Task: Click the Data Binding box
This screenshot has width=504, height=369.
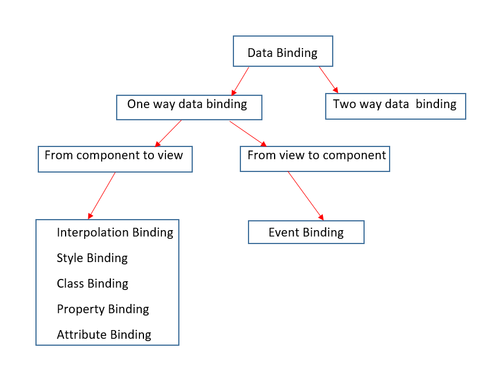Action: click(x=283, y=51)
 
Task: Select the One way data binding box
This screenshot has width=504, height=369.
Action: click(x=189, y=108)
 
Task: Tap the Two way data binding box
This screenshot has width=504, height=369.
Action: click(x=395, y=106)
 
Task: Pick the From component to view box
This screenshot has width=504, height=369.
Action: click(x=115, y=159)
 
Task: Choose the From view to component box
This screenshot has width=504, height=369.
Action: click(x=315, y=159)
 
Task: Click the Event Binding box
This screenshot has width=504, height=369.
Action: click(x=306, y=232)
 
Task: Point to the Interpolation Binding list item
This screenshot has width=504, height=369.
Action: click(x=115, y=232)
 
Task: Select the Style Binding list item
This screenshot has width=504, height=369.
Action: click(x=92, y=258)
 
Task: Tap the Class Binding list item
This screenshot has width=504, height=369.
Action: click(x=92, y=284)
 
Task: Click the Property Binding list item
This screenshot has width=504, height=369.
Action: click(x=103, y=309)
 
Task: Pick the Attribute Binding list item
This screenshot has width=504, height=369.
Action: click(x=104, y=335)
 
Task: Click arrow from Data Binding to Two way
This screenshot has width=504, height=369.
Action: click(x=328, y=79)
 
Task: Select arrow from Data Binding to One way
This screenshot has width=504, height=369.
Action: click(x=240, y=80)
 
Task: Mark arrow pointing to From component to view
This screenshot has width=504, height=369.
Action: click(x=168, y=133)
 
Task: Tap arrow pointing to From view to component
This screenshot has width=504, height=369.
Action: click(x=248, y=133)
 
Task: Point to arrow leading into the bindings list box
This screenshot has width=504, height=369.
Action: click(x=102, y=195)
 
